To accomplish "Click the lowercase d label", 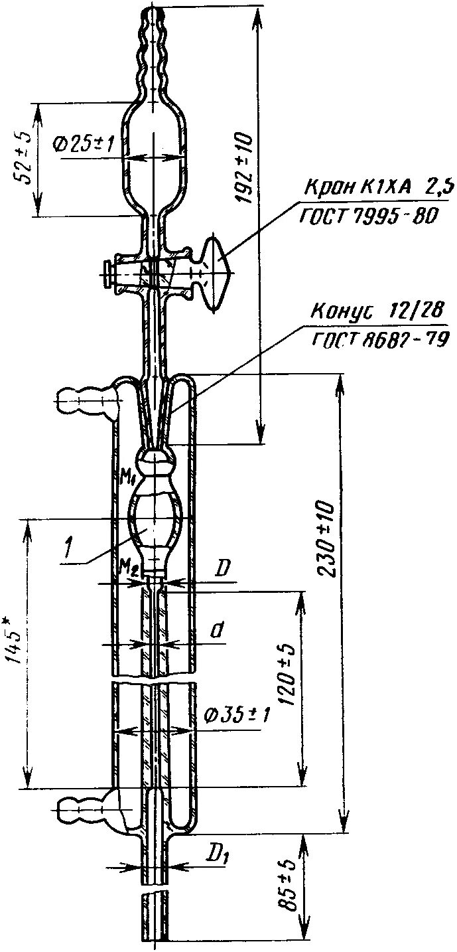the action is [x=217, y=631].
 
